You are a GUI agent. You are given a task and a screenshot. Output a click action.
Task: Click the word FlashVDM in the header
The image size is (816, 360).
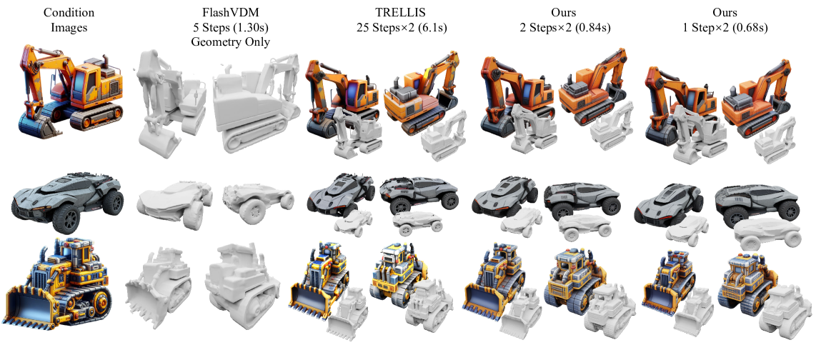230,12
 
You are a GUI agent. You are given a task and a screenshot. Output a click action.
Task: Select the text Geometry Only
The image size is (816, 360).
230,42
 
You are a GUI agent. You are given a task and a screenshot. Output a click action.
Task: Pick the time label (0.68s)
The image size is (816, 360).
750,28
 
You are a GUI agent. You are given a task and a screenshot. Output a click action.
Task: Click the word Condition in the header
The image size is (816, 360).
68,12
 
